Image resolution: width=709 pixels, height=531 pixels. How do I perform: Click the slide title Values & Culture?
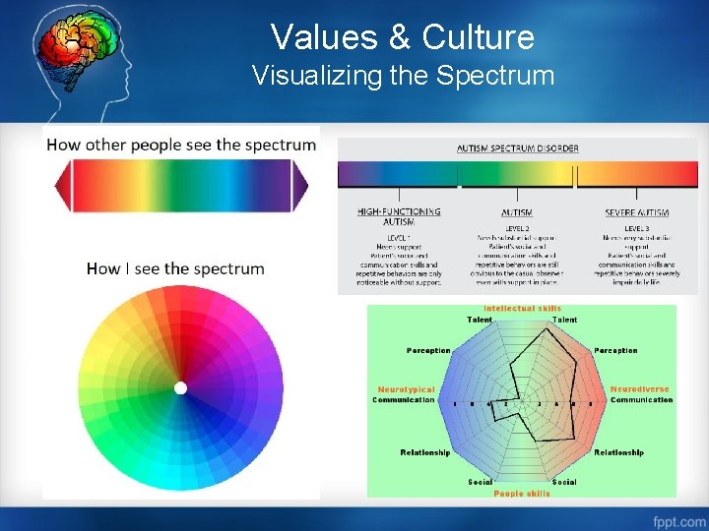pyautogui.click(x=402, y=37)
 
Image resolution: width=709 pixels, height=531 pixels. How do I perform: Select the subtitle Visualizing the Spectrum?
pyautogui.click(x=403, y=76)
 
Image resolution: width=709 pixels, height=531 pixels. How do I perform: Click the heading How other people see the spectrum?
pyautogui.click(x=181, y=145)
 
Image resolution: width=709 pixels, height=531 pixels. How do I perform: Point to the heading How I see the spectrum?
pyautogui.click(x=175, y=268)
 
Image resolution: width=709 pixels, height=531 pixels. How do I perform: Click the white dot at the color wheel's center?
pyautogui.click(x=180, y=388)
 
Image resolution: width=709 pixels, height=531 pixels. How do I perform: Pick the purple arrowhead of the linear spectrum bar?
pyautogui.click(x=300, y=186)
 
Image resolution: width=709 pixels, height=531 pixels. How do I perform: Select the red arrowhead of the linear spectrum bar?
pyautogui.click(x=62, y=186)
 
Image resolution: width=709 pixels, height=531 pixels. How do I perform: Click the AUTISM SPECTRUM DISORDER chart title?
pyautogui.click(x=517, y=148)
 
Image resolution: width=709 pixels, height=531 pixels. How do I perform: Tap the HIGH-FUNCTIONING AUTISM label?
pyautogui.click(x=399, y=216)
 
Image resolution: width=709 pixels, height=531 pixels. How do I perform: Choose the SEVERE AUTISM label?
pyautogui.click(x=636, y=212)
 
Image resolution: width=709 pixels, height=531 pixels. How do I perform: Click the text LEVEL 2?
pyautogui.click(x=517, y=228)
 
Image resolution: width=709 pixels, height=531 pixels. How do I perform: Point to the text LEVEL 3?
pyautogui.click(x=636, y=228)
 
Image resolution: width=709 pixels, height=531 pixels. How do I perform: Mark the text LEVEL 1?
pyautogui.click(x=399, y=237)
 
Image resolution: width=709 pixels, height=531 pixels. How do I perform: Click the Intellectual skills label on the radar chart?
pyautogui.click(x=522, y=309)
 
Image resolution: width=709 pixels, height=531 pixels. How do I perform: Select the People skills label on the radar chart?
pyautogui.click(x=522, y=493)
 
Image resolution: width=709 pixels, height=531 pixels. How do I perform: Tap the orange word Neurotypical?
pyautogui.click(x=406, y=389)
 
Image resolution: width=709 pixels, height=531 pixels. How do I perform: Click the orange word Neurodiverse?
pyautogui.click(x=641, y=389)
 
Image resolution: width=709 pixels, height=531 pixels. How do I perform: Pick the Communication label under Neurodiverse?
pyautogui.click(x=641, y=400)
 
